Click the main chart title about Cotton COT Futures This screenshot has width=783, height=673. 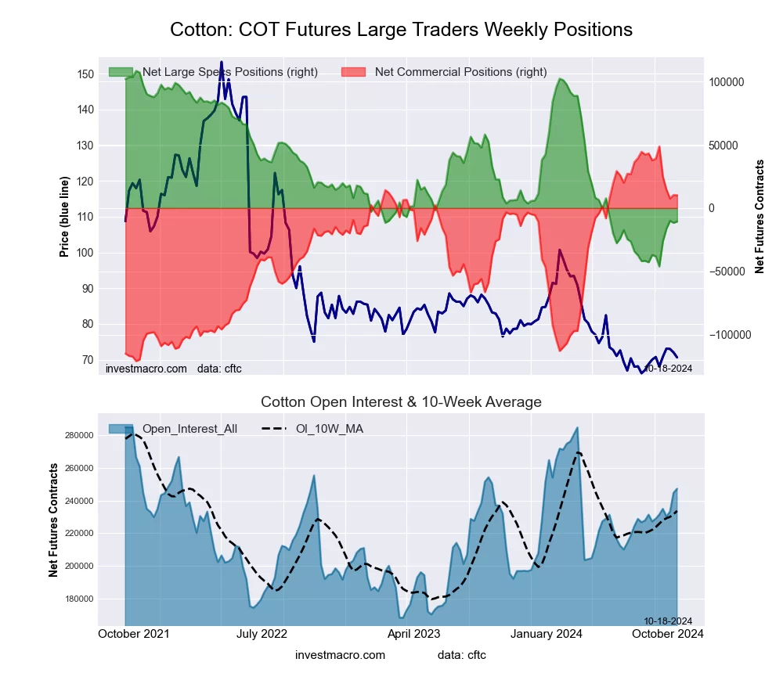pos(401,30)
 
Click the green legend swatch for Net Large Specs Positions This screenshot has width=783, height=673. pos(121,72)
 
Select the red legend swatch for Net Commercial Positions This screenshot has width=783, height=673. pos(354,72)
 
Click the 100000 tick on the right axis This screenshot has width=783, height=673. pos(726,82)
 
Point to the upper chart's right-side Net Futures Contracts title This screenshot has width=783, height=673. pos(760,217)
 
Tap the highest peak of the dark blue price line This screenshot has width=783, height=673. pos(222,62)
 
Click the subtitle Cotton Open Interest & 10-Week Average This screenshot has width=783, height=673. pos(401,402)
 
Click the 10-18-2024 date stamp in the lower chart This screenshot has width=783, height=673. pos(668,621)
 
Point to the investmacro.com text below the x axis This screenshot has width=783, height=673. pos(340,655)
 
